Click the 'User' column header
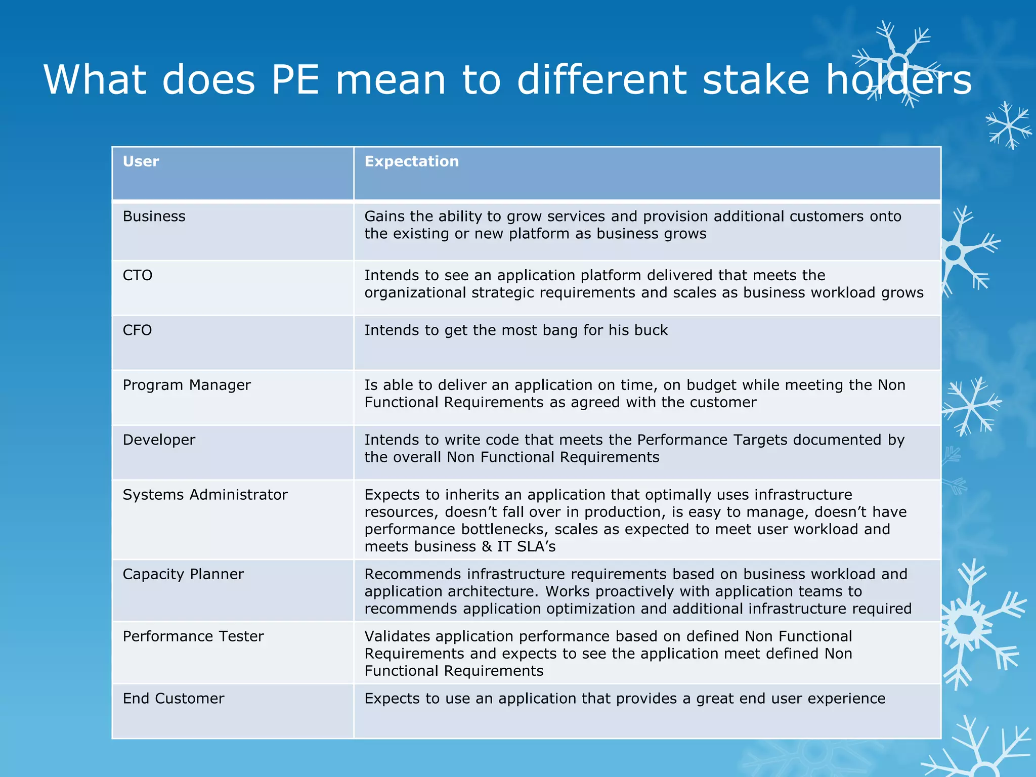141,161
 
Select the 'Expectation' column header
411,161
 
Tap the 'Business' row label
154,217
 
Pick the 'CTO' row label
137,275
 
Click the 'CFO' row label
137,330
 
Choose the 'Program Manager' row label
187,385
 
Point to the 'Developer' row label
159,440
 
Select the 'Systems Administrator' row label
205,495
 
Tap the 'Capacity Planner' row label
183,574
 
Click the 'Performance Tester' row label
193,636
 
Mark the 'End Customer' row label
174,699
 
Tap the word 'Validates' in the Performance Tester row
400,636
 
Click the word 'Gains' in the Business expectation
384,217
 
